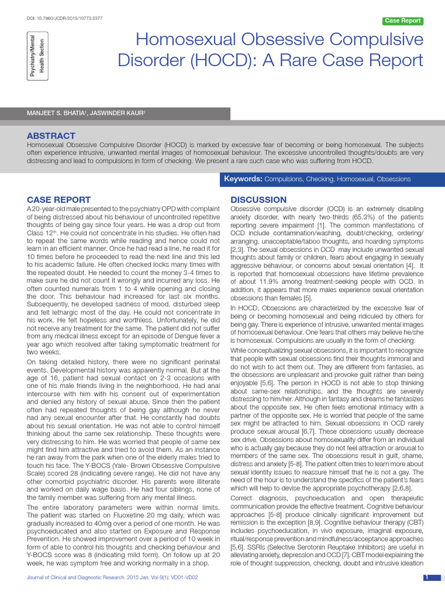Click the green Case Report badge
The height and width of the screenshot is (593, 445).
pos(403,21)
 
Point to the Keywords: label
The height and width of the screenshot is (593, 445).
pos(243,179)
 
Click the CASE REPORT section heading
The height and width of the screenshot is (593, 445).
pos(59,200)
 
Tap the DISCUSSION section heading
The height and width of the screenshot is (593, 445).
pos(258,200)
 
